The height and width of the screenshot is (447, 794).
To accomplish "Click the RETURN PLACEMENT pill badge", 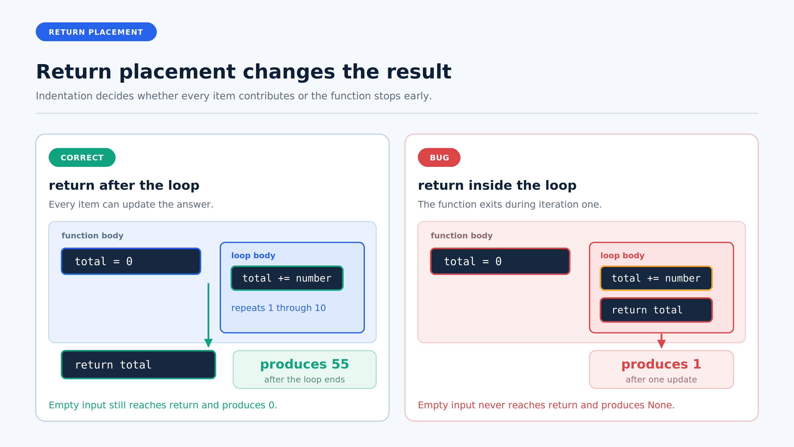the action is pos(96,32).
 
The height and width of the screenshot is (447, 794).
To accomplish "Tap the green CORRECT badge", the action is pos(82,157).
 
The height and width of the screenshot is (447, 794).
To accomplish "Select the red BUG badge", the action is pos(439,157).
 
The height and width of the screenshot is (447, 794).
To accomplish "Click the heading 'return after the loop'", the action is pos(124,186).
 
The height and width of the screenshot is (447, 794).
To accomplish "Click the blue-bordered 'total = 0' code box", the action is pos(131,261).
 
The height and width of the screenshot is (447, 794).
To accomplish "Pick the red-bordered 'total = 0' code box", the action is pos(500,261).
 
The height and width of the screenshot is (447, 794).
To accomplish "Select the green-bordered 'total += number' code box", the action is pos(287,278).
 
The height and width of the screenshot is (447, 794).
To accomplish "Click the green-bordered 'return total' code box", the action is pos(138,365).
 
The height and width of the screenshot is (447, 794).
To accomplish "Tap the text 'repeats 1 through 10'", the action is pos(278,308).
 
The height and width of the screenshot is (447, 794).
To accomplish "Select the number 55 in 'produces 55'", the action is pos(340,364).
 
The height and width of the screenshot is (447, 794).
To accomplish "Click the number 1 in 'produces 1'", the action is pos(697,364).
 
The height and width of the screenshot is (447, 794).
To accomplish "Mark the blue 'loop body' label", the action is pos(253,256).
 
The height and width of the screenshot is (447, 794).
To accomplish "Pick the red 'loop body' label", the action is pos(622,256).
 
